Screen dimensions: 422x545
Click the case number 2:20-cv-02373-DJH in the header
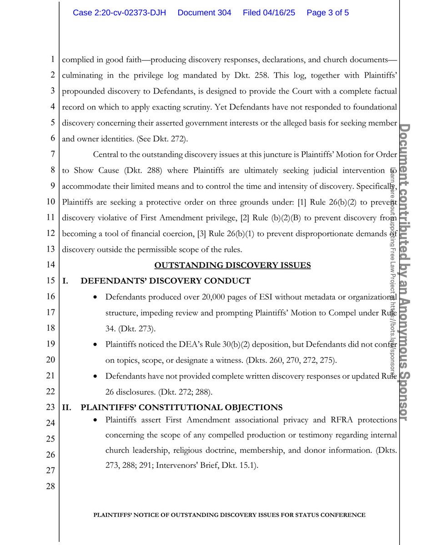click(x=120, y=13)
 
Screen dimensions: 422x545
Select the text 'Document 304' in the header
click(x=204, y=13)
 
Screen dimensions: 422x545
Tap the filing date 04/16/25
click(x=269, y=13)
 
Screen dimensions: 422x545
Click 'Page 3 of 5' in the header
click(x=327, y=13)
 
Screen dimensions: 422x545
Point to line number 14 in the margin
click(x=50, y=265)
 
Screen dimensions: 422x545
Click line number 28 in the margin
click(x=50, y=486)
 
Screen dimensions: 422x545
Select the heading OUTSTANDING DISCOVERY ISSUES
click(x=232, y=265)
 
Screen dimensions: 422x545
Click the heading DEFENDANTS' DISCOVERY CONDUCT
click(x=166, y=281)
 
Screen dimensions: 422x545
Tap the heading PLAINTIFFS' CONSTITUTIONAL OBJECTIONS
click(x=181, y=407)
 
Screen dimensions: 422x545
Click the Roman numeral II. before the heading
click(x=66, y=407)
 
